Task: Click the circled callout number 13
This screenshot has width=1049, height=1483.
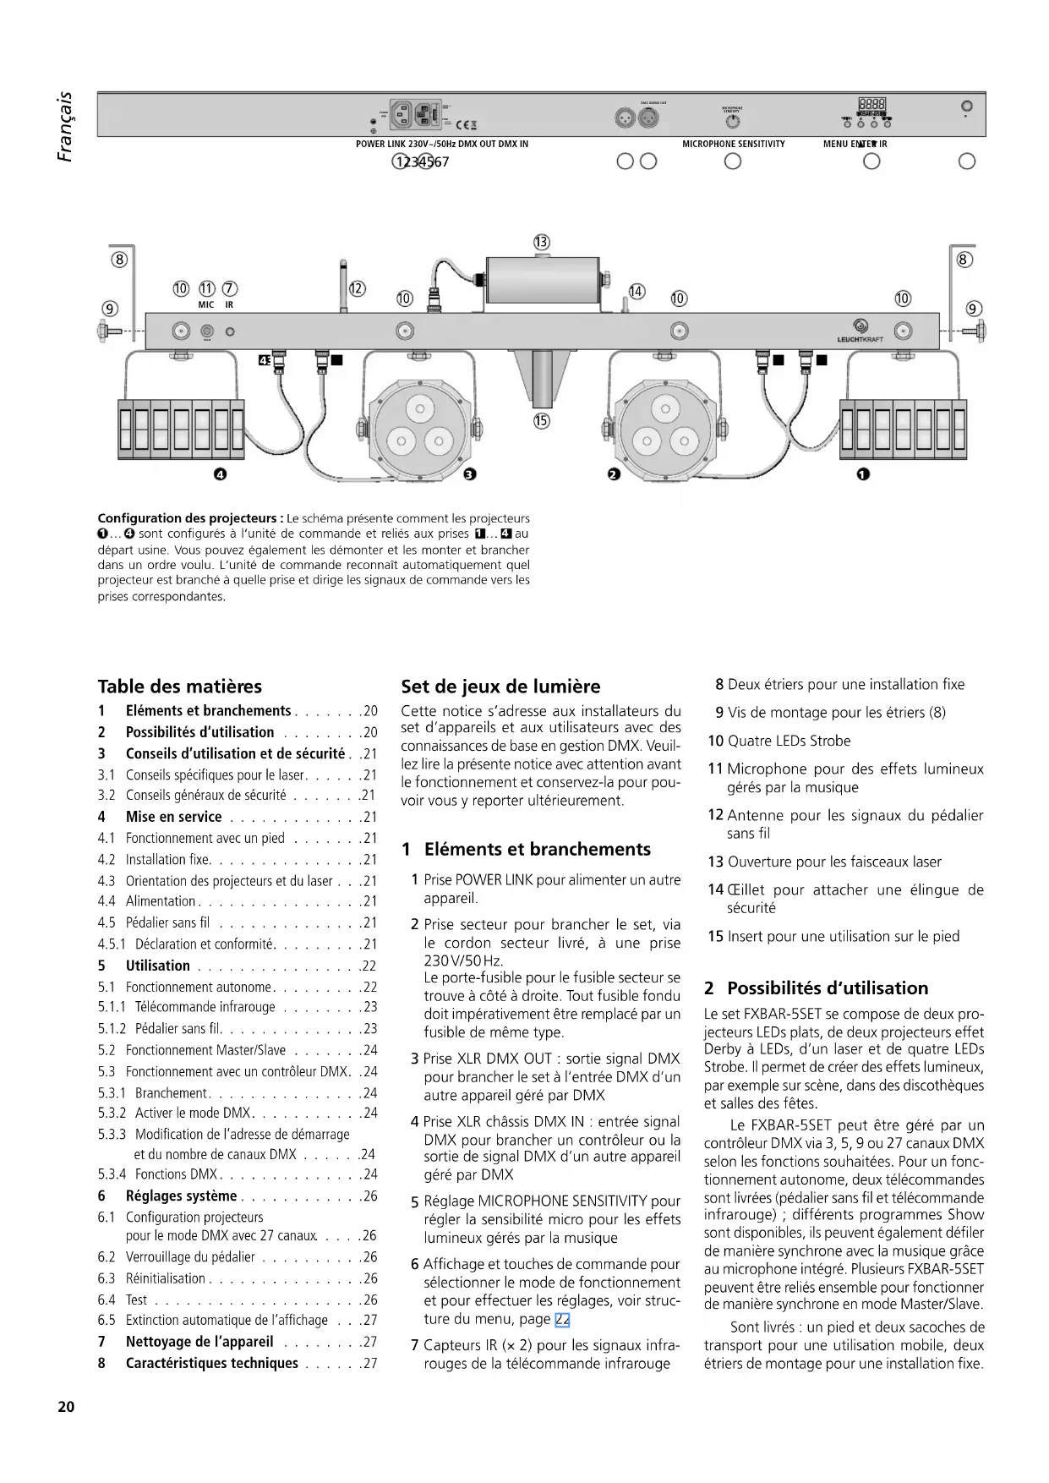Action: click(542, 242)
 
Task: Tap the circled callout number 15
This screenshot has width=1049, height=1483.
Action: click(542, 420)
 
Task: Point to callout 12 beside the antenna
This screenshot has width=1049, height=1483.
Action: click(357, 289)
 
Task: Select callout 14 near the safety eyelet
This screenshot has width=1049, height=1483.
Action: click(637, 292)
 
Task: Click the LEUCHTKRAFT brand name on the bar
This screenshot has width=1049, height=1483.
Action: click(860, 340)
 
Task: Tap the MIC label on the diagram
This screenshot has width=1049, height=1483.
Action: click(206, 304)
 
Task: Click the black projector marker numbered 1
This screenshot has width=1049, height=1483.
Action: click(862, 474)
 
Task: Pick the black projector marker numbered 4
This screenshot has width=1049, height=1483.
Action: click(220, 474)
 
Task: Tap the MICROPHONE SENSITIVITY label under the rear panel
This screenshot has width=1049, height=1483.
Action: click(733, 144)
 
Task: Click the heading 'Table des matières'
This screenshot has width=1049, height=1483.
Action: click(179, 687)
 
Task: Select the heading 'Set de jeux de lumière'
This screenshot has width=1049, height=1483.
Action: click(500, 687)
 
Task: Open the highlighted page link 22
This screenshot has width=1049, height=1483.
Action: click(562, 1319)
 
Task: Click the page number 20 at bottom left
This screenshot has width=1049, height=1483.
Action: click(66, 1407)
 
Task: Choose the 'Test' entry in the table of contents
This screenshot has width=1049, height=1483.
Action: click(136, 1300)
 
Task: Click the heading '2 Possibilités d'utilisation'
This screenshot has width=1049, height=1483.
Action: click(816, 988)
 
